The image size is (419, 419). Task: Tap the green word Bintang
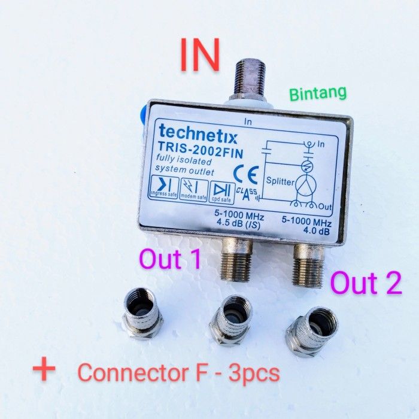[x=318, y=93]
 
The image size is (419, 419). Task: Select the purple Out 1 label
[x=169, y=260]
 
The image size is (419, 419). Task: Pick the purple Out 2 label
[x=366, y=283]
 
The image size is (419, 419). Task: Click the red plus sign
[x=44, y=370]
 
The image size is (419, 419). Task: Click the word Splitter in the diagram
[x=280, y=180]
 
